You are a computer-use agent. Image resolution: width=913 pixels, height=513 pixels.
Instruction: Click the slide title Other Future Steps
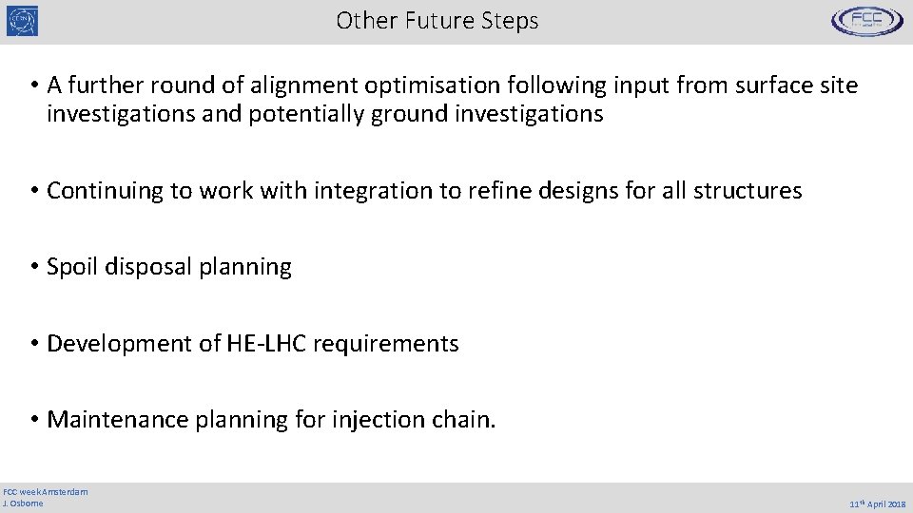(x=437, y=21)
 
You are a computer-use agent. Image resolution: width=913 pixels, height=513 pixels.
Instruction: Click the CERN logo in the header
(x=23, y=21)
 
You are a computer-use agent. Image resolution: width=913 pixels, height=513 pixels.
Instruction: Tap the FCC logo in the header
(x=866, y=21)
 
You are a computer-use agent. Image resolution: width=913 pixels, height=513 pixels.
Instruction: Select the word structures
(x=748, y=191)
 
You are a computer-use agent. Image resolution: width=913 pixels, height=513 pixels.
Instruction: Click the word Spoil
(x=71, y=267)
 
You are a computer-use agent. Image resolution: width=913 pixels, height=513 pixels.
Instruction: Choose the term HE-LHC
(x=267, y=344)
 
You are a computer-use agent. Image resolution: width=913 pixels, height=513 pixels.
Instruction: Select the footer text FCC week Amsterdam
(x=46, y=491)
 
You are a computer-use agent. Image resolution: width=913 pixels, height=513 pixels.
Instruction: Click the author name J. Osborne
(x=24, y=503)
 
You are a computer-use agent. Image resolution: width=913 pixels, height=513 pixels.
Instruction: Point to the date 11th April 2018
(x=876, y=504)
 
